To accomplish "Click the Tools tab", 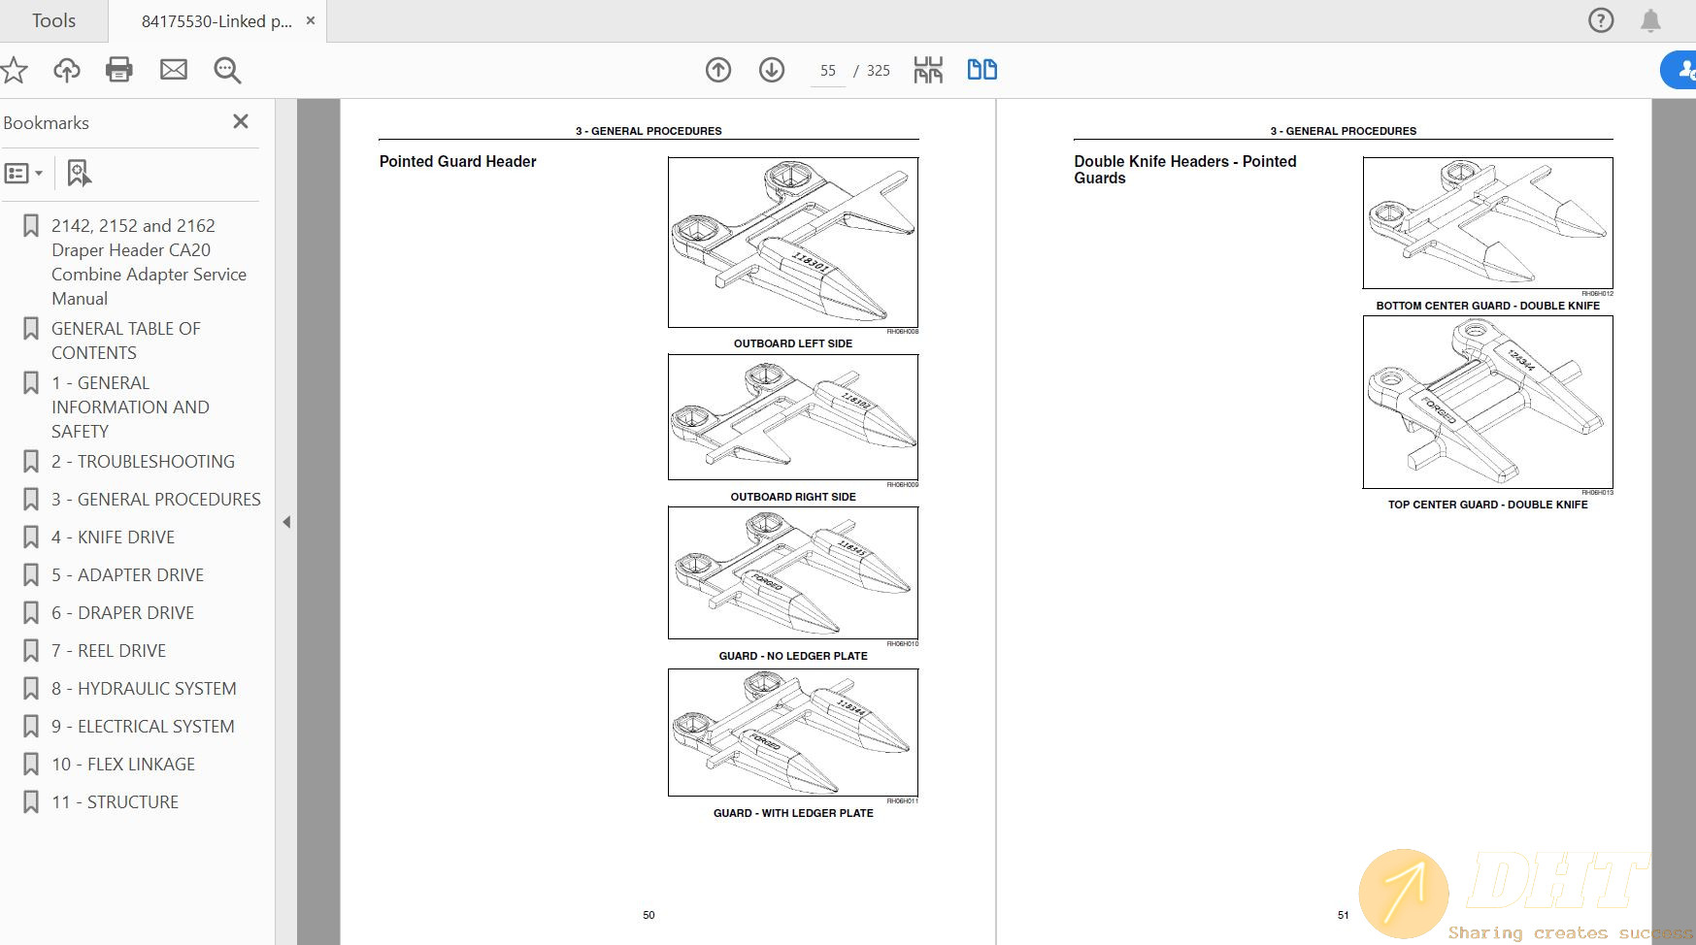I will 53,20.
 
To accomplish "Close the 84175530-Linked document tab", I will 311,20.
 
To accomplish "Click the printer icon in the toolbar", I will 119,70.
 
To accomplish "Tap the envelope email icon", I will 174,70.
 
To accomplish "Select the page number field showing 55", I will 827,71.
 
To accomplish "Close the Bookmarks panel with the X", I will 241,121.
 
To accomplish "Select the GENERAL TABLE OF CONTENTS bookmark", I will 125,341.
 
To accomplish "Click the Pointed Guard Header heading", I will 457,162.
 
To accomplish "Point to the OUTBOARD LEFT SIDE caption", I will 792,343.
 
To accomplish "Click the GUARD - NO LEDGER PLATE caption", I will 792,656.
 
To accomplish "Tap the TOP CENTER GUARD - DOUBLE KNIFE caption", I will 1487,505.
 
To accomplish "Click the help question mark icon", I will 1601,20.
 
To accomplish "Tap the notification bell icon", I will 1650,20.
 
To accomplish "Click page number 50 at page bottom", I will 648,915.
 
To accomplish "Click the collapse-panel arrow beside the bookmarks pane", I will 286,522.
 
